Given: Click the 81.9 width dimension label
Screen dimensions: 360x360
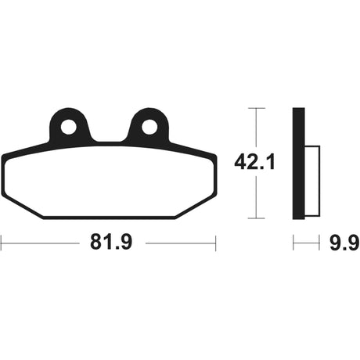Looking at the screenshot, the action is [x=111, y=243].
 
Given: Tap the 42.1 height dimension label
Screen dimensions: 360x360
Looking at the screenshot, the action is [x=254, y=162].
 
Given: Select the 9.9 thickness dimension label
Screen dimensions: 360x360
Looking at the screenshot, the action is [x=344, y=243].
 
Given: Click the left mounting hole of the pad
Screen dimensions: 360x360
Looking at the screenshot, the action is [x=69, y=128].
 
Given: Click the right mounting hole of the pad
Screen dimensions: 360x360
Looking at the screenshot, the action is [x=149, y=128].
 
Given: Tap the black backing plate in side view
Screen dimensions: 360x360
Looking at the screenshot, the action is [x=299, y=164].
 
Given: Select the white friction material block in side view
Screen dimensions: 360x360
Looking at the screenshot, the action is [x=312, y=182].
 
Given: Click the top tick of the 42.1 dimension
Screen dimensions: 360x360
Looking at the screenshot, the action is [x=257, y=108].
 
